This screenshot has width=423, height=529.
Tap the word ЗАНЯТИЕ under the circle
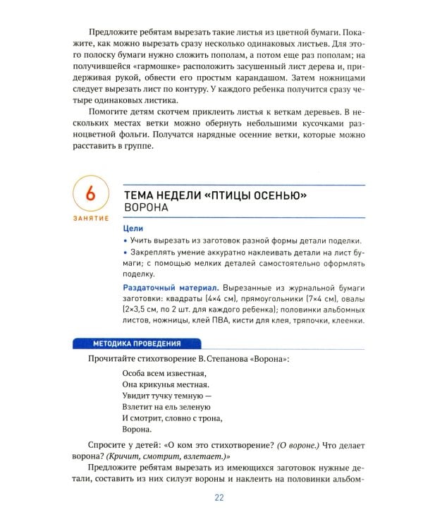(x=90, y=218)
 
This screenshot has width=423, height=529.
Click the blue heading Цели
(x=133, y=229)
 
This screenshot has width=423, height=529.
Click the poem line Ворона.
(x=137, y=429)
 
